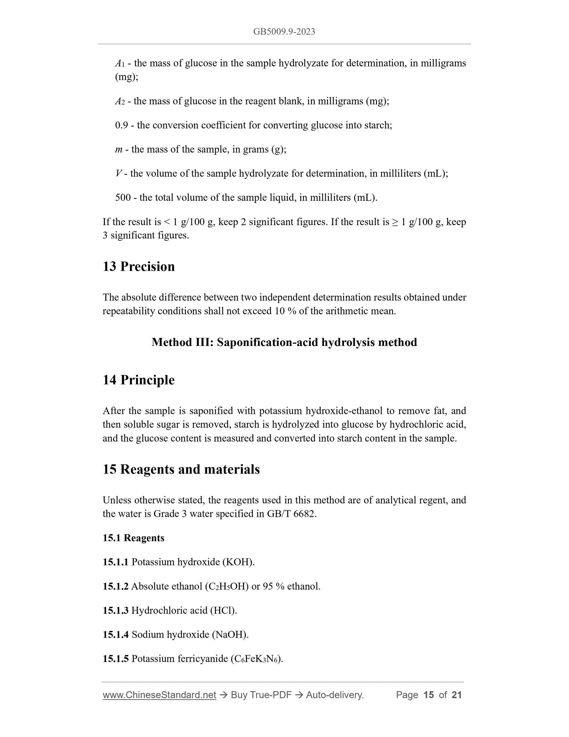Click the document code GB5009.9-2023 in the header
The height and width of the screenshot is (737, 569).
click(x=284, y=32)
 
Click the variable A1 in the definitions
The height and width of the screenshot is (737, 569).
click(x=120, y=63)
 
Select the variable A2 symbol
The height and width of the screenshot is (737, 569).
click(x=120, y=101)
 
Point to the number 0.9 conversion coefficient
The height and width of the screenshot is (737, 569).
click(x=121, y=125)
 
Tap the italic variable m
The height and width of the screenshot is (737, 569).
click(x=119, y=150)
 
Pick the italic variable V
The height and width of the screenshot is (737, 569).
click(x=118, y=174)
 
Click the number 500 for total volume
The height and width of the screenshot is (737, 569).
click(x=123, y=197)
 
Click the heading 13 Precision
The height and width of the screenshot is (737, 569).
click(x=139, y=266)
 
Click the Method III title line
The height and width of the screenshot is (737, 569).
click(x=284, y=342)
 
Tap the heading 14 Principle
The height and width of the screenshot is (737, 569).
click(x=139, y=380)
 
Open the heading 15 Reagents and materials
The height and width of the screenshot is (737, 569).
click(x=181, y=469)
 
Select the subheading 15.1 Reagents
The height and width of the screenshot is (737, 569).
click(x=134, y=538)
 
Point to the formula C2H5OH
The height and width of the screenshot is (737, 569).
click(x=227, y=586)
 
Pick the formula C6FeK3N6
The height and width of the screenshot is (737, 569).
click(x=256, y=659)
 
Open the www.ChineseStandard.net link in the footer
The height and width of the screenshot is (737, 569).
click(x=159, y=695)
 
